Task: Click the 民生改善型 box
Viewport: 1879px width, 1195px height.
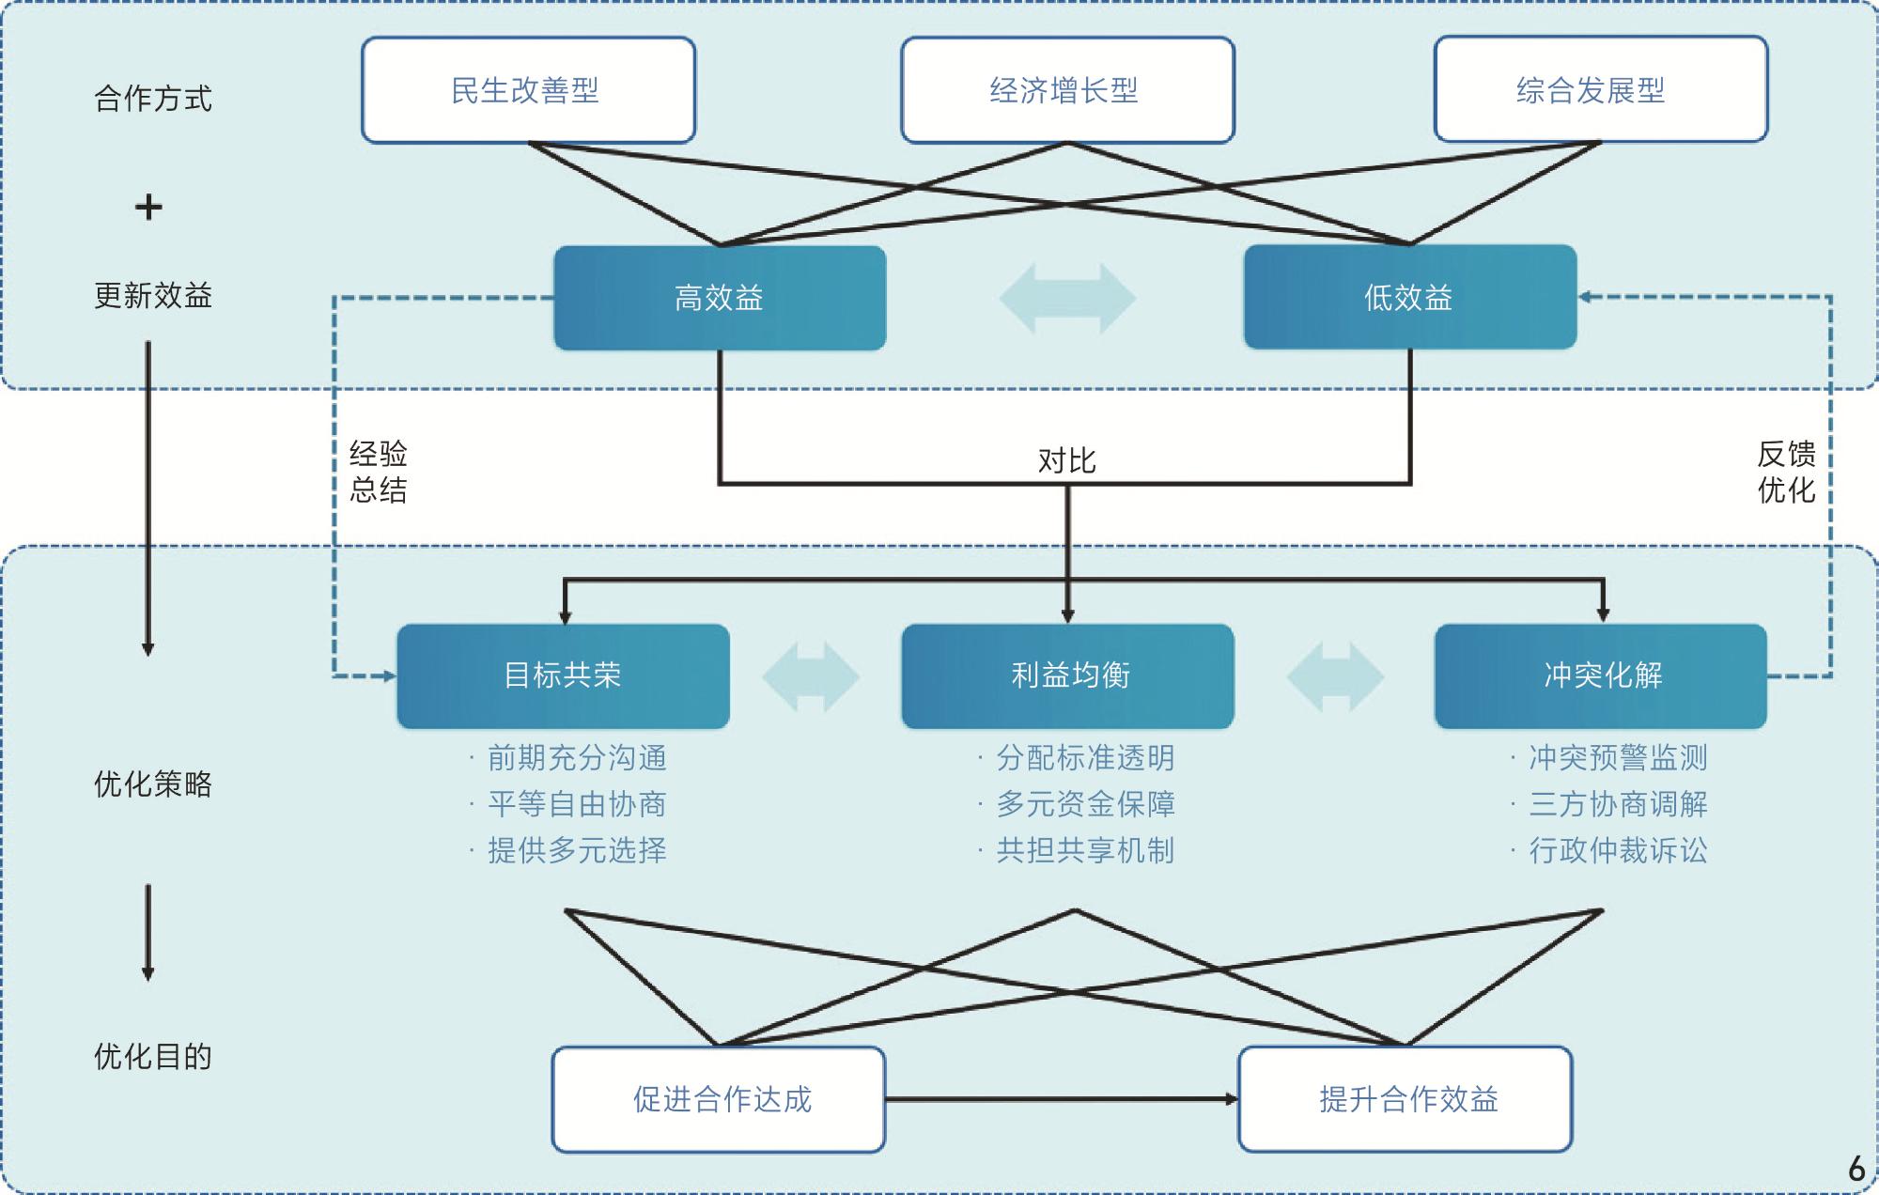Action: click(x=528, y=90)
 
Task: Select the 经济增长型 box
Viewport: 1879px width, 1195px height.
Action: click(x=1067, y=90)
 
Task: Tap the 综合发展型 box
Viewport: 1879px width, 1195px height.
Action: click(x=1601, y=90)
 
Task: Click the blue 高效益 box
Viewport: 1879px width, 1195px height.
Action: click(x=720, y=298)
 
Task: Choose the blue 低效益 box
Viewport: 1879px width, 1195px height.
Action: click(x=1410, y=298)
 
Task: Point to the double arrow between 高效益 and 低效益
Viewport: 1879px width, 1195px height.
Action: click(x=1067, y=299)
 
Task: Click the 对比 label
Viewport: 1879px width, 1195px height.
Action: click(x=1067, y=460)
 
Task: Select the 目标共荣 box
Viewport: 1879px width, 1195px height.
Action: click(x=564, y=675)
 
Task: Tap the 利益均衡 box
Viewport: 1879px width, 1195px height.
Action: click(x=1067, y=675)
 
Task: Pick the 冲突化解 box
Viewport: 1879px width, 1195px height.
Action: click(x=1601, y=675)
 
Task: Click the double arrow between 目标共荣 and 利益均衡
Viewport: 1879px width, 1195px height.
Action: click(x=811, y=676)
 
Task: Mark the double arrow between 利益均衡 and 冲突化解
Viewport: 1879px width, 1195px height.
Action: click(x=1335, y=676)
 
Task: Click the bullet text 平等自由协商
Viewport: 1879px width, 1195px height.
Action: click(x=577, y=804)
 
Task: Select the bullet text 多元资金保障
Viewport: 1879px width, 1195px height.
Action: click(x=1085, y=804)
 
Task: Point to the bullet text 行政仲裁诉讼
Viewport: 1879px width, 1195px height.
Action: click(x=1618, y=850)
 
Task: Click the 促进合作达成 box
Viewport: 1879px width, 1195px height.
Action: click(x=719, y=1099)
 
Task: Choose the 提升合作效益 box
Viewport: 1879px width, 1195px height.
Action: click(x=1405, y=1099)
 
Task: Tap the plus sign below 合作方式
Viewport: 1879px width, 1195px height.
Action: click(x=148, y=207)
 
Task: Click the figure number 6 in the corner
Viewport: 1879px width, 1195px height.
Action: click(x=1856, y=1169)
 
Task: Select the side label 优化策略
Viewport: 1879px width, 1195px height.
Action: click(x=153, y=784)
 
